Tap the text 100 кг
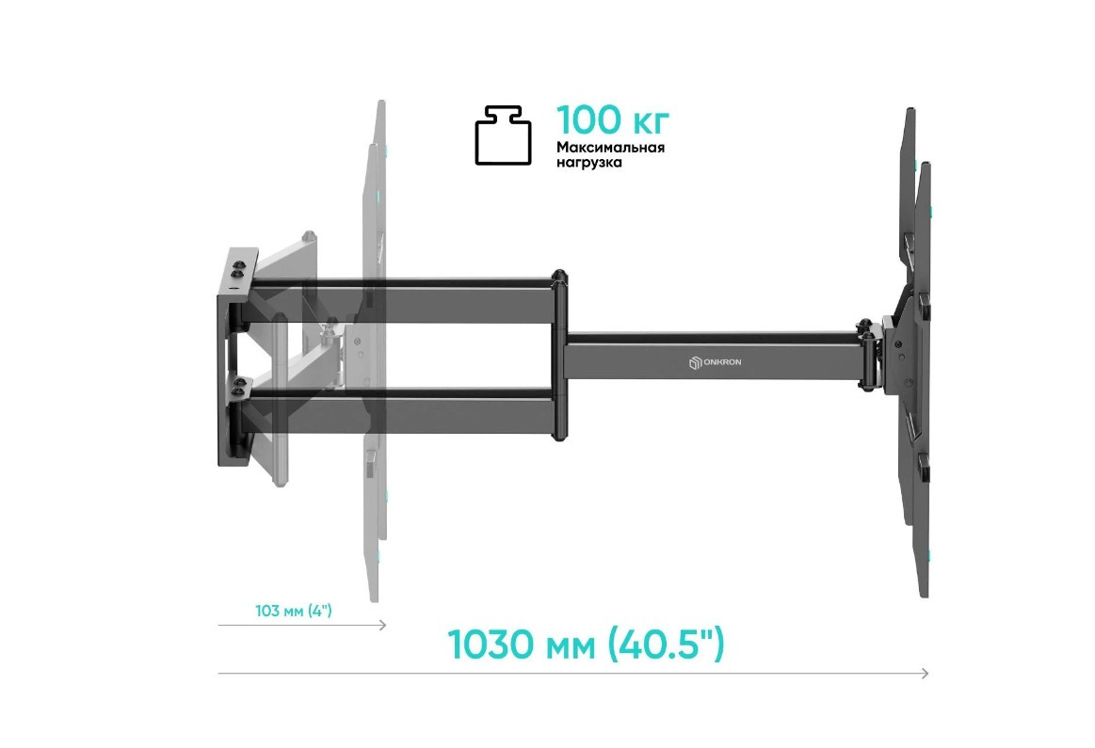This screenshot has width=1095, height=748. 613,120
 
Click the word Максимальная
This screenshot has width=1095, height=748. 610,148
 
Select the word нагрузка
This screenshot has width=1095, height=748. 589,163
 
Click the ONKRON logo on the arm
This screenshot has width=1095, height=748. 715,362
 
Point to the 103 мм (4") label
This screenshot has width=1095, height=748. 294,612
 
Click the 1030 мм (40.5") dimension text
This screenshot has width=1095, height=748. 586,645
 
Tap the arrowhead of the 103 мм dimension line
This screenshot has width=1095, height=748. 383,625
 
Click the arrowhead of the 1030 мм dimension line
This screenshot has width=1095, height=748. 926,673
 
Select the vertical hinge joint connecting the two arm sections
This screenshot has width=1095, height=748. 559,357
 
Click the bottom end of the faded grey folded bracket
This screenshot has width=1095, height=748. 374,593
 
